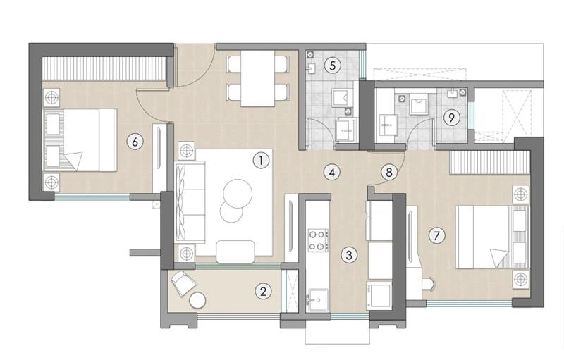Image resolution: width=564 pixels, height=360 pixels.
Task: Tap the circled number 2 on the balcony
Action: [262, 290]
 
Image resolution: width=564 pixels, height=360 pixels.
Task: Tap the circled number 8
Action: [388, 171]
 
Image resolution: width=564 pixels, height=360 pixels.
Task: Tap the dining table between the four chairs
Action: [257, 79]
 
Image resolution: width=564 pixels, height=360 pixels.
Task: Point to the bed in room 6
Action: [81, 140]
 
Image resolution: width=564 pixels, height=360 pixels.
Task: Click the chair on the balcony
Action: [183, 283]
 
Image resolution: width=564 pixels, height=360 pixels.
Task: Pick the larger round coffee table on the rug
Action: [239, 192]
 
